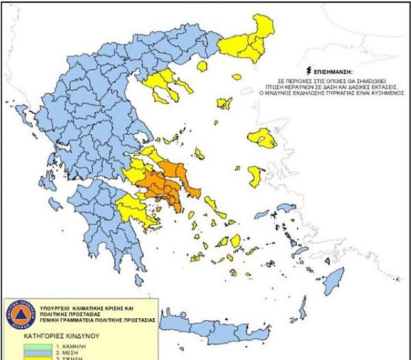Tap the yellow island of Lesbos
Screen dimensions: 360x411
coord(262,138)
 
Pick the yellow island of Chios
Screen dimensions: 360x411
coord(255,176)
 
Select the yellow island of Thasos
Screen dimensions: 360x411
coord(202,65)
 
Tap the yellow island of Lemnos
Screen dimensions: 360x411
coord(224,103)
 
